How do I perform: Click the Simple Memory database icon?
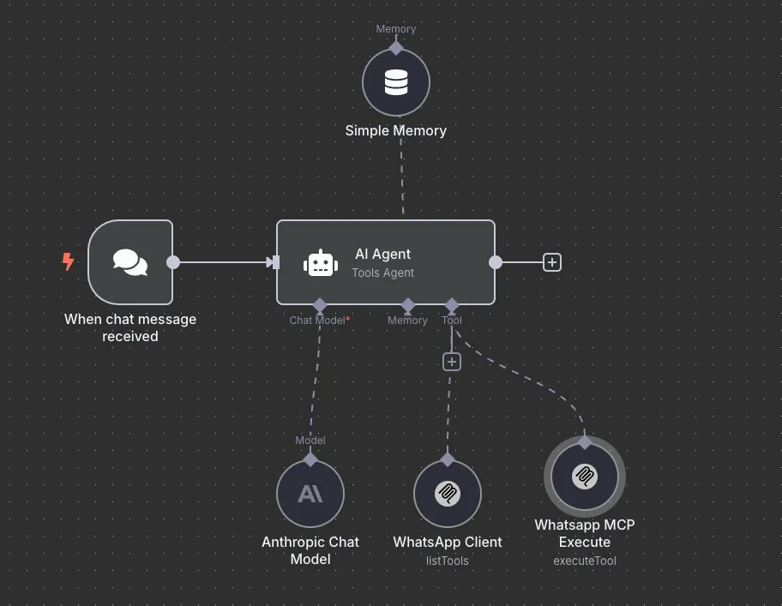pos(396,82)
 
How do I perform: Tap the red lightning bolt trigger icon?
pos(68,261)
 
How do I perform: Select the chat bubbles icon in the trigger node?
pos(130,262)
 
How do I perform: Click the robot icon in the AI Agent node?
pos(321,262)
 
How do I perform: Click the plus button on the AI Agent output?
pos(552,262)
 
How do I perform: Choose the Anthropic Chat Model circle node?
pos(310,494)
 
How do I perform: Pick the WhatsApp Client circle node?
pos(448,494)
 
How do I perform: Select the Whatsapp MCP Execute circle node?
pos(585,477)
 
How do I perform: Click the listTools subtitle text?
pos(448,561)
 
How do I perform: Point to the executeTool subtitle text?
pos(585,561)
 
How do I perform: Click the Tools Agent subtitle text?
pos(383,273)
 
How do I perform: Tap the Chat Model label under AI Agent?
pos(317,321)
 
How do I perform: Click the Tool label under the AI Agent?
pos(451,321)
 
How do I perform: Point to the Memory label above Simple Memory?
pos(396,29)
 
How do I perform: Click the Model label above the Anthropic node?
pos(310,440)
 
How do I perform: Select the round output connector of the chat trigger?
pos(173,262)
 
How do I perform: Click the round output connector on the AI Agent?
pos(496,262)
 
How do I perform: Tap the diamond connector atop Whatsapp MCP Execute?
pos(585,442)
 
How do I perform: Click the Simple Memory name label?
pos(396,130)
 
